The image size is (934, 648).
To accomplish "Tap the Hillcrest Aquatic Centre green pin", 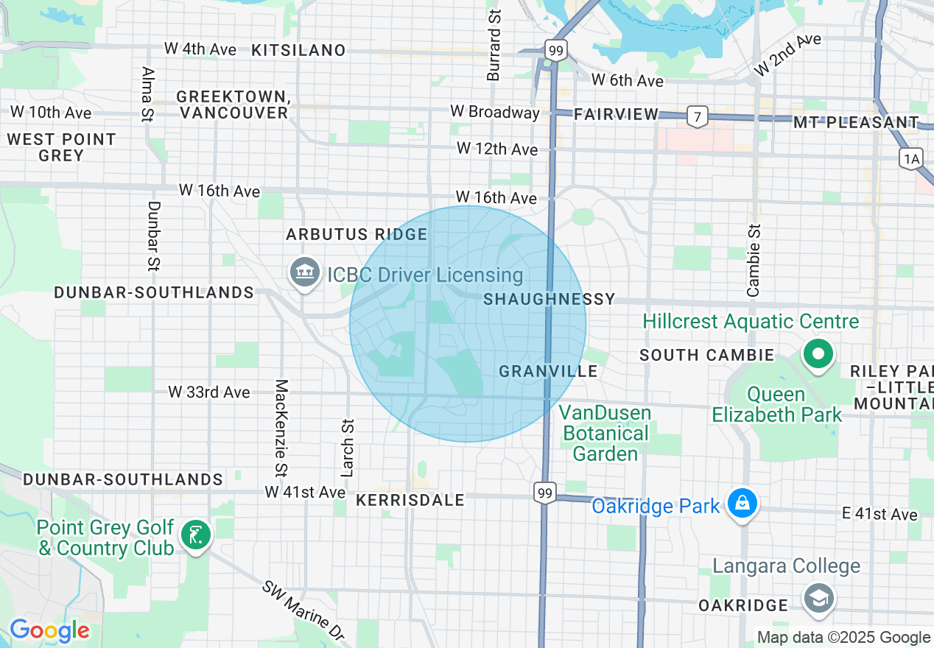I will tap(818, 353).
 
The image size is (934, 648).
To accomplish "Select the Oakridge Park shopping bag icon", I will tap(742, 504).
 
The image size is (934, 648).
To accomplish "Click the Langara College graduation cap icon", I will tap(818, 596).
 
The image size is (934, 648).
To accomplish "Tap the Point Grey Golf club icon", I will tap(195, 535).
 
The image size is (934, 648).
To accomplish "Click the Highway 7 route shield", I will tap(697, 116).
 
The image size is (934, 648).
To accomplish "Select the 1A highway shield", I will tap(910, 158).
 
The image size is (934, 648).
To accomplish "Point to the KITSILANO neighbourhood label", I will tap(298, 50).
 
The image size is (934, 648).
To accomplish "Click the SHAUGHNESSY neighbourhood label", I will tap(549, 299).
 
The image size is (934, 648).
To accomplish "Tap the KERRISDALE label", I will tap(410, 500).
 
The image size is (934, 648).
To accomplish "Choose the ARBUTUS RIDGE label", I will tap(357, 234).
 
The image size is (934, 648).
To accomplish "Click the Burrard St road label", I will tap(494, 44).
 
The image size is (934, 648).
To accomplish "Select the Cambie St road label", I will tap(753, 260).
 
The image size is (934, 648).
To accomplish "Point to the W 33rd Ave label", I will tap(209, 392).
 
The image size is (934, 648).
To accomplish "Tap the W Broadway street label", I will tap(495, 112).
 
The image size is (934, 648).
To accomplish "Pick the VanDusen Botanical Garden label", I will tap(605, 433).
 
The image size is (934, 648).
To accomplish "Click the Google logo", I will tap(49, 631).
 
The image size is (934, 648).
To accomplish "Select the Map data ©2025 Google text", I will tap(843, 638).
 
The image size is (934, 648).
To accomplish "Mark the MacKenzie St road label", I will tap(281, 427).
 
